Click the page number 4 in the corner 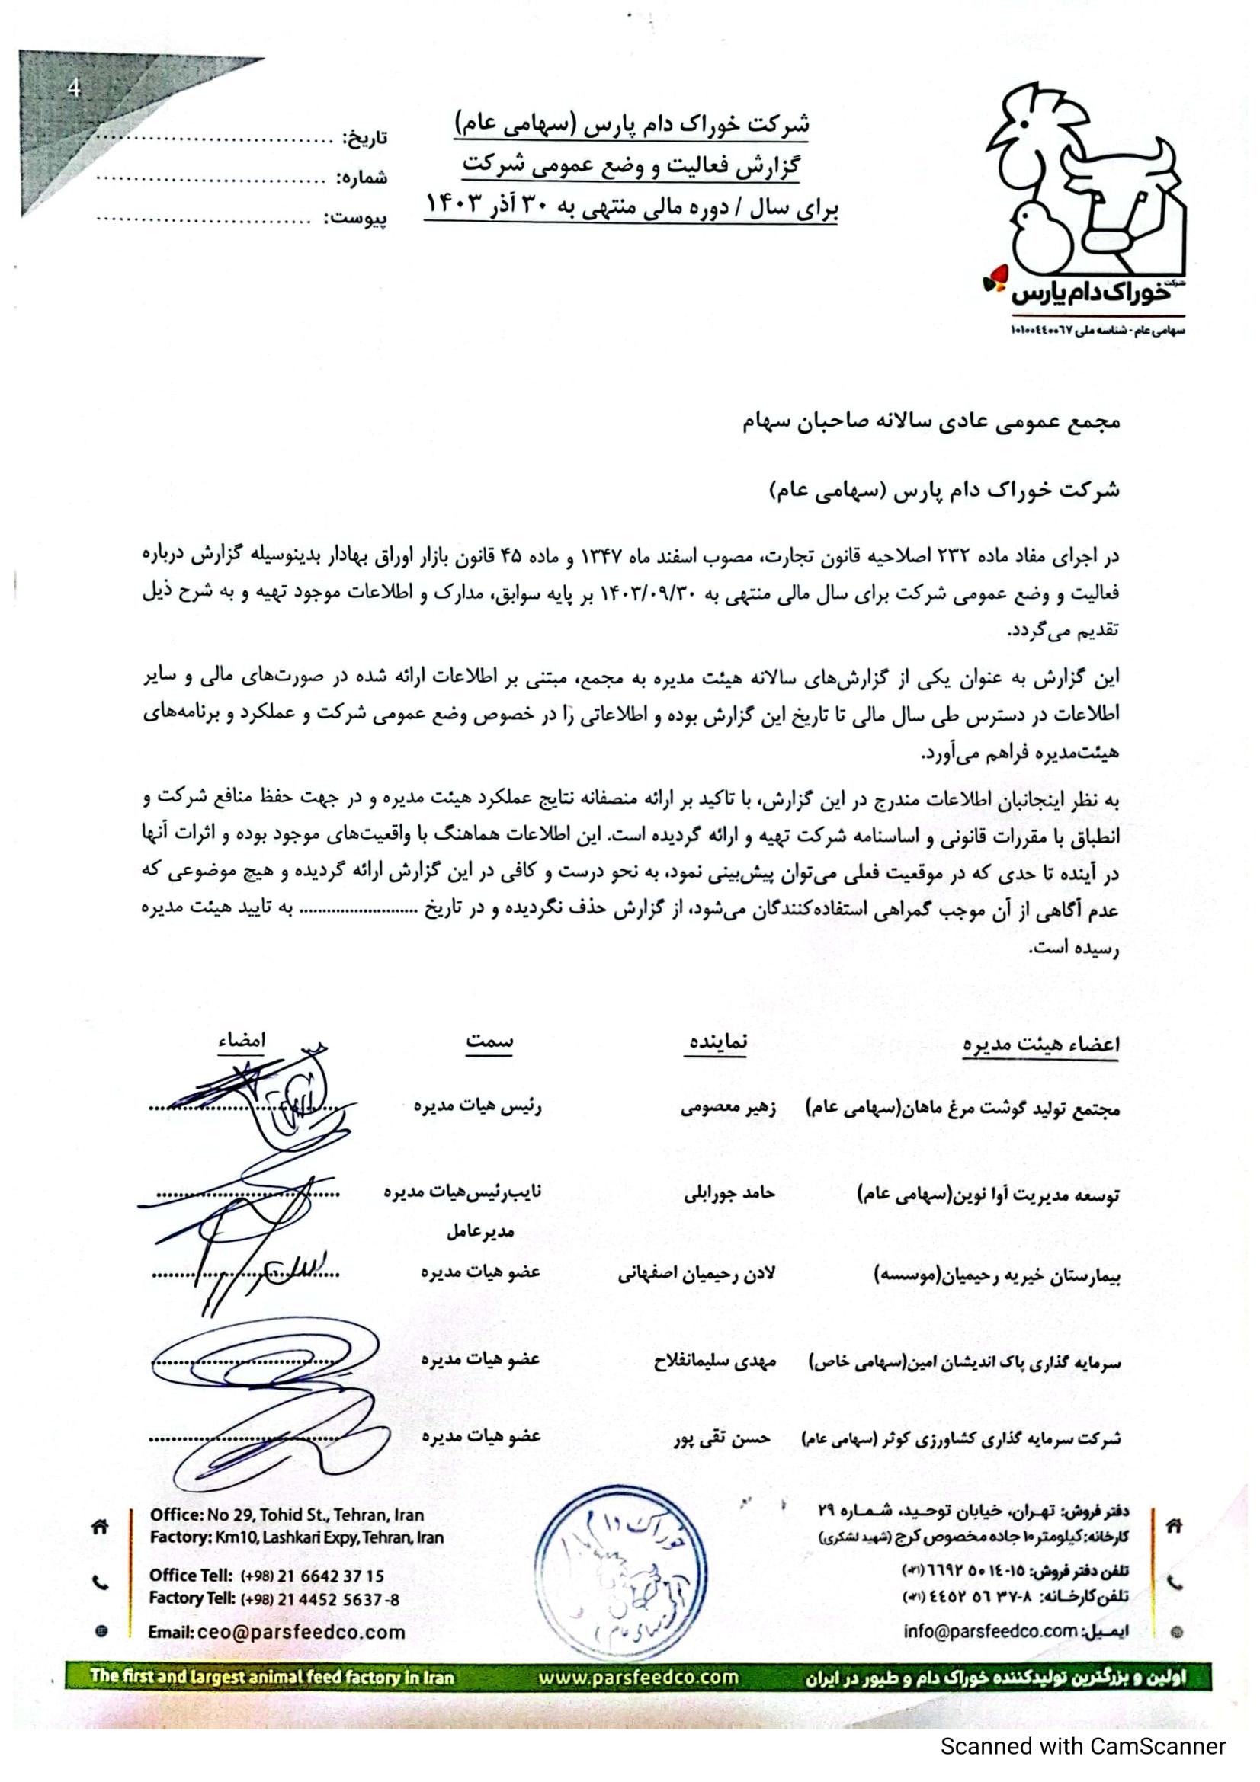[74, 88]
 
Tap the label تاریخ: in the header [366, 138]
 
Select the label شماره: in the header [362, 178]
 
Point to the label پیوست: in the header [354, 218]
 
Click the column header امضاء [242, 1041]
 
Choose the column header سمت [489, 1041]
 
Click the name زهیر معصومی [728, 1108]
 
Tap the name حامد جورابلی [729, 1193]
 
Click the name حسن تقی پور [722, 1438]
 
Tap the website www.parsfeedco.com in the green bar [638, 1678]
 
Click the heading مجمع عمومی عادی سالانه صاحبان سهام [930, 421]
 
